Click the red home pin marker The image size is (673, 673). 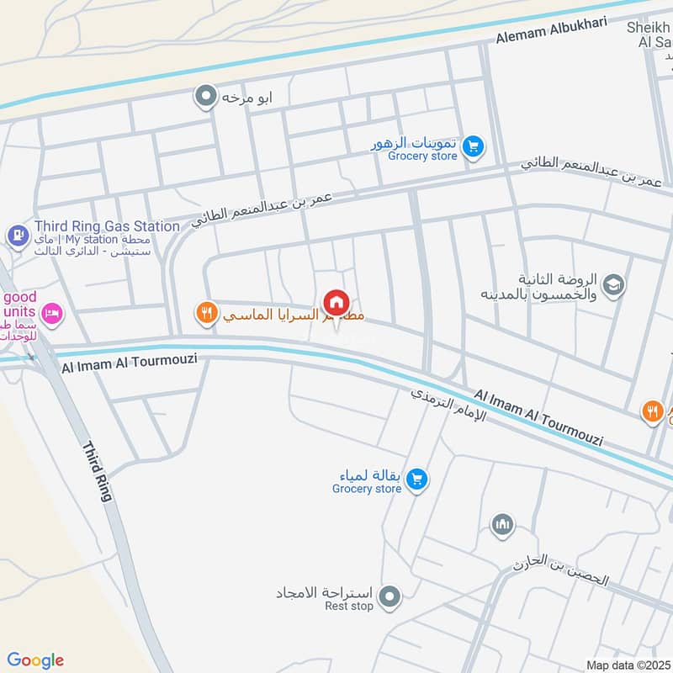pyautogui.click(x=336, y=302)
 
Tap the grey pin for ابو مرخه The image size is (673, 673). pyautogui.click(x=205, y=97)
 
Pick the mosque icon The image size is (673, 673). pyautogui.click(x=502, y=525)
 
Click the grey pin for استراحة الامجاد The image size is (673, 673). pyautogui.click(x=389, y=598)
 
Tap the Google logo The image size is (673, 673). pyautogui.click(x=35, y=660)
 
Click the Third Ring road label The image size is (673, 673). pyautogui.click(x=97, y=471)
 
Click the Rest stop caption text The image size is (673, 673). pyautogui.click(x=349, y=607)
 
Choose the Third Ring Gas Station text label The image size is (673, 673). pyautogui.click(x=107, y=226)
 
